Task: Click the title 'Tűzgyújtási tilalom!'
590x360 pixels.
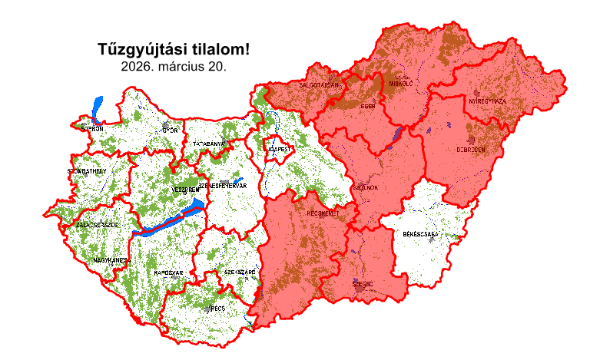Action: [x=174, y=50]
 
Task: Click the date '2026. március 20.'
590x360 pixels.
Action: [x=174, y=67]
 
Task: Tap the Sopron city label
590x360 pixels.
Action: [x=91, y=129]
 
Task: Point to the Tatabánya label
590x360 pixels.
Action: [x=208, y=144]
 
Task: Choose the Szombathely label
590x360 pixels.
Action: [x=87, y=170]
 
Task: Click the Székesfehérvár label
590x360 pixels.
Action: [x=222, y=186]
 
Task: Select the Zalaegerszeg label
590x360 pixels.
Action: [x=97, y=225]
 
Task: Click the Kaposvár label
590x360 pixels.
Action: [x=168, y=272]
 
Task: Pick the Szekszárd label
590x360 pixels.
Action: [x=240, y=272]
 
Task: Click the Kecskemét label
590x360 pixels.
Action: [x=323, y=213]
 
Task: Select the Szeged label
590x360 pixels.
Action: [x=362, y=283]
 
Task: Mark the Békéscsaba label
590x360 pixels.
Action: [x=420, y=233]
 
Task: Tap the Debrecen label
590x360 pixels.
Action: [x=471, y=150]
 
